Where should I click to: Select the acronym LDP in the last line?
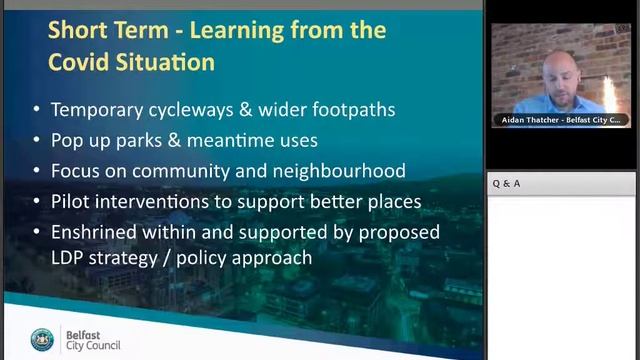click(x=69, y=258)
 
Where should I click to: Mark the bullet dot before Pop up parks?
click(x=37, y=141)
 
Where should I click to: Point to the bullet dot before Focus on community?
click(x=37, y=171)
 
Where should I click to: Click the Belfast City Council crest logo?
click(x=42, y=340)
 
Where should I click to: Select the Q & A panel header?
click(x=506, y=184)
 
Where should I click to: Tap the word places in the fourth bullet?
click(x=391, y=201)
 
